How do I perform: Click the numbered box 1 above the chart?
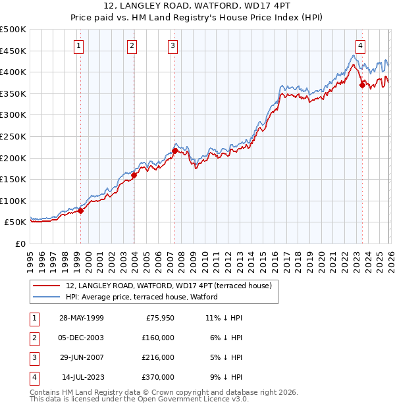pos(78,45)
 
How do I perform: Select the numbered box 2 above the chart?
pos(132,45)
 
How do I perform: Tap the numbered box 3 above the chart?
pos(172,45)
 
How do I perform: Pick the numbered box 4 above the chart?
pos(361,45)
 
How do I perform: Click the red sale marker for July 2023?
pos(362,85)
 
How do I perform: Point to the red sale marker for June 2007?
pos(175,151)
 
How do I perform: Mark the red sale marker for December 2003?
pos(134,175)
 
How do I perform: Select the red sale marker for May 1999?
pos(81,211)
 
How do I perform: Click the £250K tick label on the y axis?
pos(13,136)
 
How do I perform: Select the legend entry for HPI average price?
pos(142,297)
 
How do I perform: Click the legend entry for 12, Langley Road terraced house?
pos(172,286)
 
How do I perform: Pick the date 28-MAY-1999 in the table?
pos(82,318)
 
